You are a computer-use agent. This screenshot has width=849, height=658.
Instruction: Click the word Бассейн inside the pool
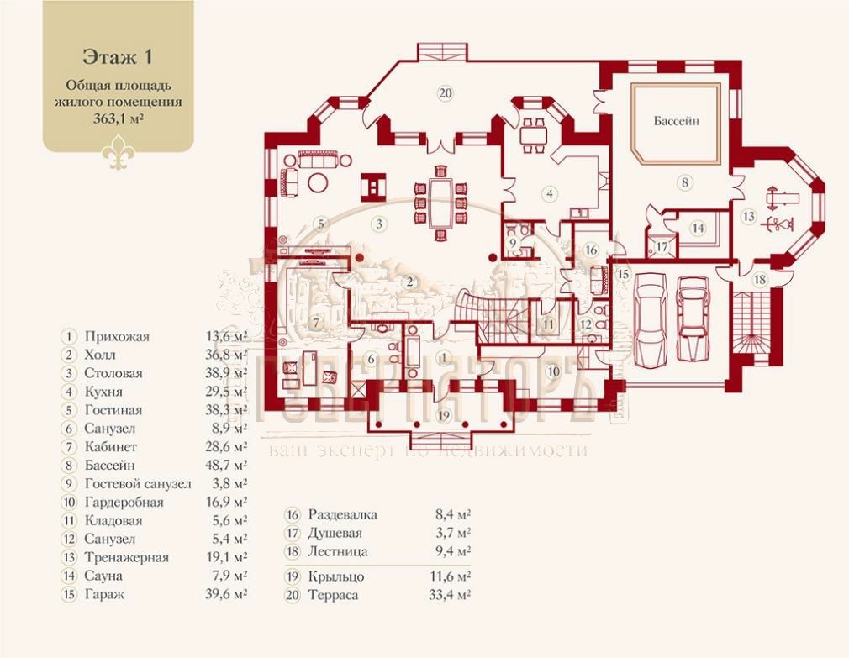pyautogui.click(x=677, y=121)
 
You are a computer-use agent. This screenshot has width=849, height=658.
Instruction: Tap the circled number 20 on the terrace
pyautogui.click(x=446, y=92)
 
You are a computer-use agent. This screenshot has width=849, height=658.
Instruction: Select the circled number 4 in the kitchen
pyautogui.click(x=549, y=194)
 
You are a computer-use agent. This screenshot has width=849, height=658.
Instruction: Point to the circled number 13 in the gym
pyautogui.click(x=748, y=216)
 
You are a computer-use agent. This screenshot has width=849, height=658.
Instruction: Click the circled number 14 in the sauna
pyautogui.click(x=698, y=228)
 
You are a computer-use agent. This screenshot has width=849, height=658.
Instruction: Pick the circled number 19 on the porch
pyautogui.click(x=444, y=415)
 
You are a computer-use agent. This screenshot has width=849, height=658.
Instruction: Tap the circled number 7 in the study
pyautogui.click(x=315, y=322)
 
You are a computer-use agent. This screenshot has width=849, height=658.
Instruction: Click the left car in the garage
pyautogui.click(x=650, y=320)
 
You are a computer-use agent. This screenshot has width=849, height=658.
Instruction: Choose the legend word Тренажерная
pyautogui.click(x=126, y=557)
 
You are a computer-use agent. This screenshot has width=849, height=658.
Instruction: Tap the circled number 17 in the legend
pyautogui.click(x=293, y=533)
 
